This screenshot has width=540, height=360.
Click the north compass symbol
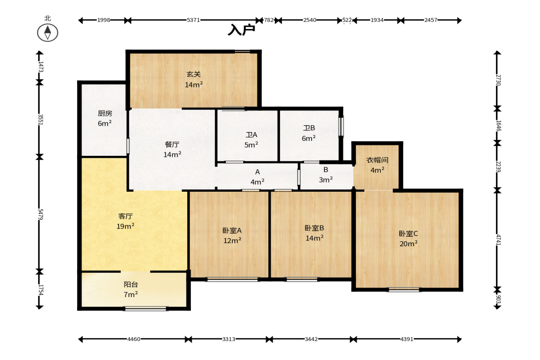coord(48,33)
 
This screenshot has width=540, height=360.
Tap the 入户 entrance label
coord(241,30)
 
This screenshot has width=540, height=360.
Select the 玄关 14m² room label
coord(194,79)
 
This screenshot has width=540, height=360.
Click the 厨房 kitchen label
coord(105,113)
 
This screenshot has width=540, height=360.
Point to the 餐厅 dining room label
coord(172,144)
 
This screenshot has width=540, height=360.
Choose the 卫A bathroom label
coord(251,134)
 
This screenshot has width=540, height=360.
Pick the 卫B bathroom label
coord(309,127)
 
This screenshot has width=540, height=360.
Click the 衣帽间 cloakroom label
coord(378,160)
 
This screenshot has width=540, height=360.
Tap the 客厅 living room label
coord(125,216)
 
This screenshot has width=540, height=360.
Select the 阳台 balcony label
coord(131,284)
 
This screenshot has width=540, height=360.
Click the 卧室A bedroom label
coord(232,230)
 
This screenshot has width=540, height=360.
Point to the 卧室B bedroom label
coord(314,228)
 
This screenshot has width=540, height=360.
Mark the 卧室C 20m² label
coord(408,238)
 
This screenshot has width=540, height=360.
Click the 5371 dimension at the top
coord(193,20)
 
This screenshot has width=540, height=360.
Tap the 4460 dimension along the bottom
coord(134,339)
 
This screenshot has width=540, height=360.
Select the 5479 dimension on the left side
coord(40,215)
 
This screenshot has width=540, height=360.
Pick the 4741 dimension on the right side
coord(498,240)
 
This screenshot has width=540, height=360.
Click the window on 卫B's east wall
coord(342,127)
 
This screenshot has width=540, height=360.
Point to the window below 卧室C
coord(404,290)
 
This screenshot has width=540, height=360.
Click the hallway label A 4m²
coord(257,177)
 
